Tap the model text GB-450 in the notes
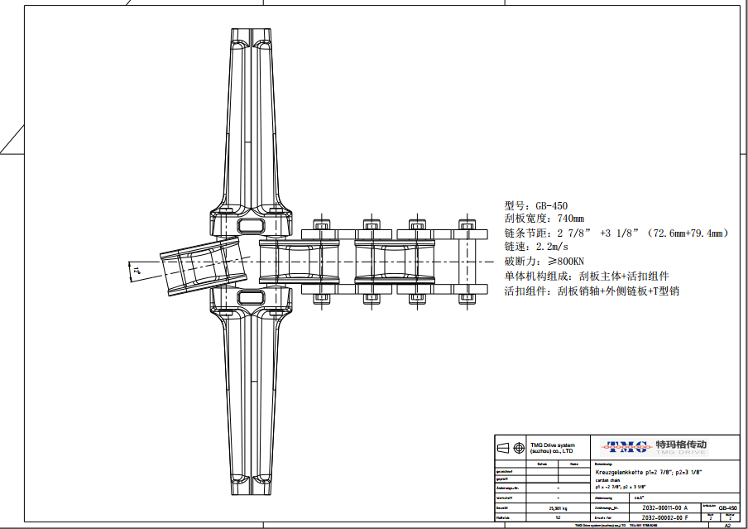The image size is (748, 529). point(551,206)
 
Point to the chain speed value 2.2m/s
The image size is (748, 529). point(553,247)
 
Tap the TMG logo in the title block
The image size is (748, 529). point(626,446)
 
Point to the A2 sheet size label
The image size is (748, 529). point(727,525)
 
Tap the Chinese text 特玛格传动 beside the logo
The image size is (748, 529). point(681,444)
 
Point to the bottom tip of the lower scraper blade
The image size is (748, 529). point(250,493)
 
